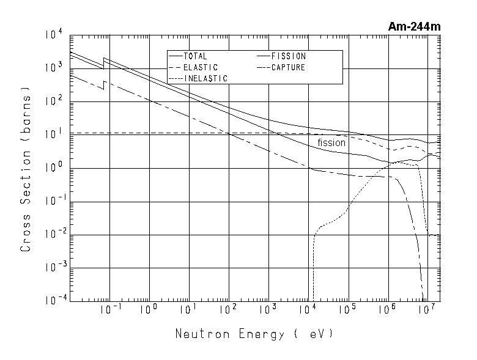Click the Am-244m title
(x=414, y=26)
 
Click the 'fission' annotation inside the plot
(x=331, y=143)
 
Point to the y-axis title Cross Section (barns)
(x=26, y=173)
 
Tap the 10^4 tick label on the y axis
(x=53, y=35)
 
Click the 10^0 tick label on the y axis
(x=53, y=168)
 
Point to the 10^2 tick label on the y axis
(x=53, y=101)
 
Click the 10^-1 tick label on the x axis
(x=111, y=310)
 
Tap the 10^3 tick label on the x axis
(x=267, y=310)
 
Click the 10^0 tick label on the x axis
(x=149, y=310)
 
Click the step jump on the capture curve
(x=105, y=85)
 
